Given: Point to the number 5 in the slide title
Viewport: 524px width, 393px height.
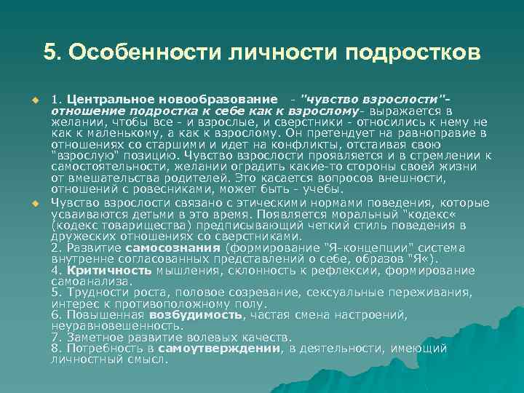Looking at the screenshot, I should point(49,53).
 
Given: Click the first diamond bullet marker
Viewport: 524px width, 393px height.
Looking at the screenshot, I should point(33,99).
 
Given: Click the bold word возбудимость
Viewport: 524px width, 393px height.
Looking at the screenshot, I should point(194,315).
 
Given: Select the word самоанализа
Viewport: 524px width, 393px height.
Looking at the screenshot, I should point(92,281).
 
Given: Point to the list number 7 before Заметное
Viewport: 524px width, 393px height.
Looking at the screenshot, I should point(56,338).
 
